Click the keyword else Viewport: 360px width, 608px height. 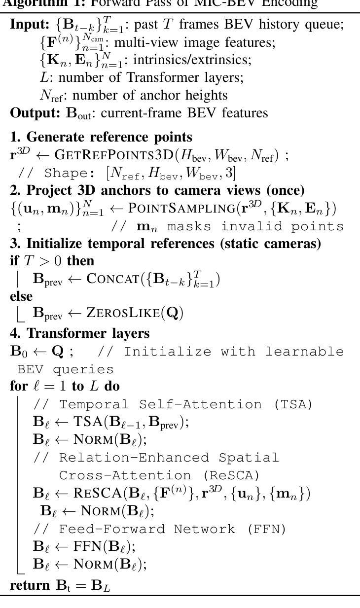[x=21, y=296]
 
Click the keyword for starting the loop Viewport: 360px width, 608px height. [x=18, y=386]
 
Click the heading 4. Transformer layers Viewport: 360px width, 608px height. [x=80, y=333]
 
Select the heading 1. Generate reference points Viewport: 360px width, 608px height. [x=101, y=137]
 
